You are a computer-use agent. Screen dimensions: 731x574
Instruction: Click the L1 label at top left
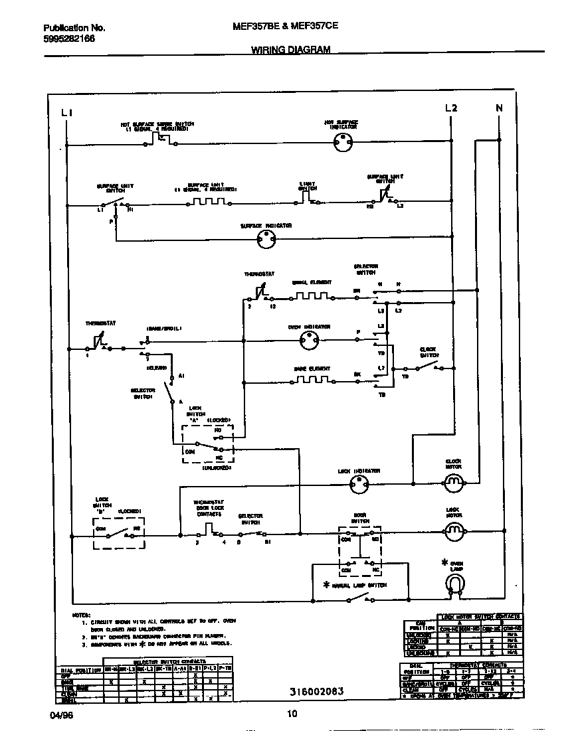(66, 113)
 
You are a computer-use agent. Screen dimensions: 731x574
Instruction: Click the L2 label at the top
(451, 108)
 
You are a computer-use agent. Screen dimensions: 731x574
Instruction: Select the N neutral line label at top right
(500, 108)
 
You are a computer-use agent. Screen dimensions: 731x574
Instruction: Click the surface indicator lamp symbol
(266, 242)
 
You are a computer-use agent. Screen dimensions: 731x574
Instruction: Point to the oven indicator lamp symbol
(308, 342)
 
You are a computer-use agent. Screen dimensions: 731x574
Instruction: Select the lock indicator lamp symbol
(359, 485)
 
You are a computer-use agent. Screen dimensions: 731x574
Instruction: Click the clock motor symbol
(453, 483)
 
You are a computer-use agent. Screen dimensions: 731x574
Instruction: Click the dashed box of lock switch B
(119, 532)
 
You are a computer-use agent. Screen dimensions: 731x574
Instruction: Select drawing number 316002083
(316, 691)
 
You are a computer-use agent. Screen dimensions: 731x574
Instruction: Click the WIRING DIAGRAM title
(290, 50)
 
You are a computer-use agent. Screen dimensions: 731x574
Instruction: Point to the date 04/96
(59, 714)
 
